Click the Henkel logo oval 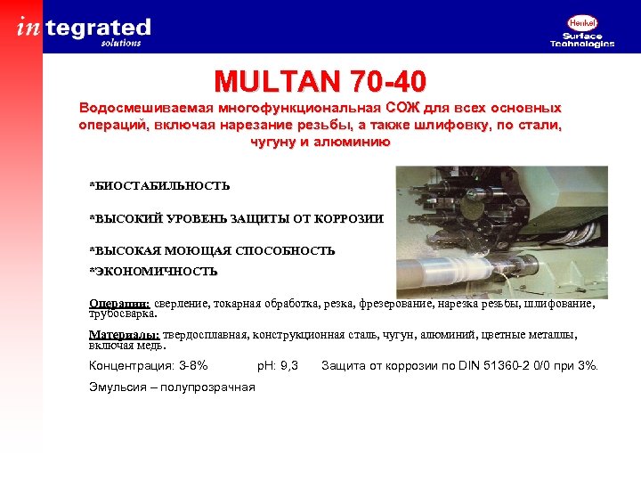pos(581,25)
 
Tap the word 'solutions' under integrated pos(121,42)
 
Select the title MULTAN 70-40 pos(320,83)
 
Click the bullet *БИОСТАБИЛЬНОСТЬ pos(159,186)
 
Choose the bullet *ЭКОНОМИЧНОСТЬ pos(153,271)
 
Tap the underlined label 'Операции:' pos(119,303)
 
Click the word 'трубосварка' pos(122,314)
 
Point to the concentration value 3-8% pos(193,365)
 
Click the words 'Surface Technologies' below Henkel pos(582,40)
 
